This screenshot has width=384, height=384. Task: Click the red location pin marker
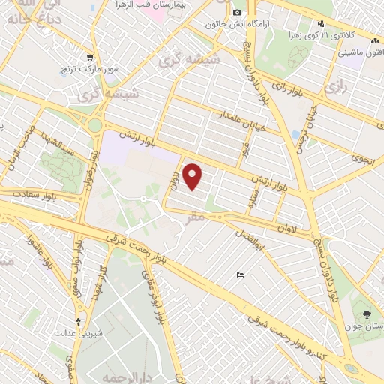(x=193, y=176)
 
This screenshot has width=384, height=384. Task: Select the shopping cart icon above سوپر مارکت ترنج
(x=90, y=56)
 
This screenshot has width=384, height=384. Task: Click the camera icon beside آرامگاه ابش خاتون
(x=238, y=12)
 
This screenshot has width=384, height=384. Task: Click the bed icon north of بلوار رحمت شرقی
(x=239, y=274)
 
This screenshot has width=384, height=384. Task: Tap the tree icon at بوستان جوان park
(x=367, y=313)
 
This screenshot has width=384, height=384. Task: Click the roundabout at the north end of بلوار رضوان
(x=95, y=125)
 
